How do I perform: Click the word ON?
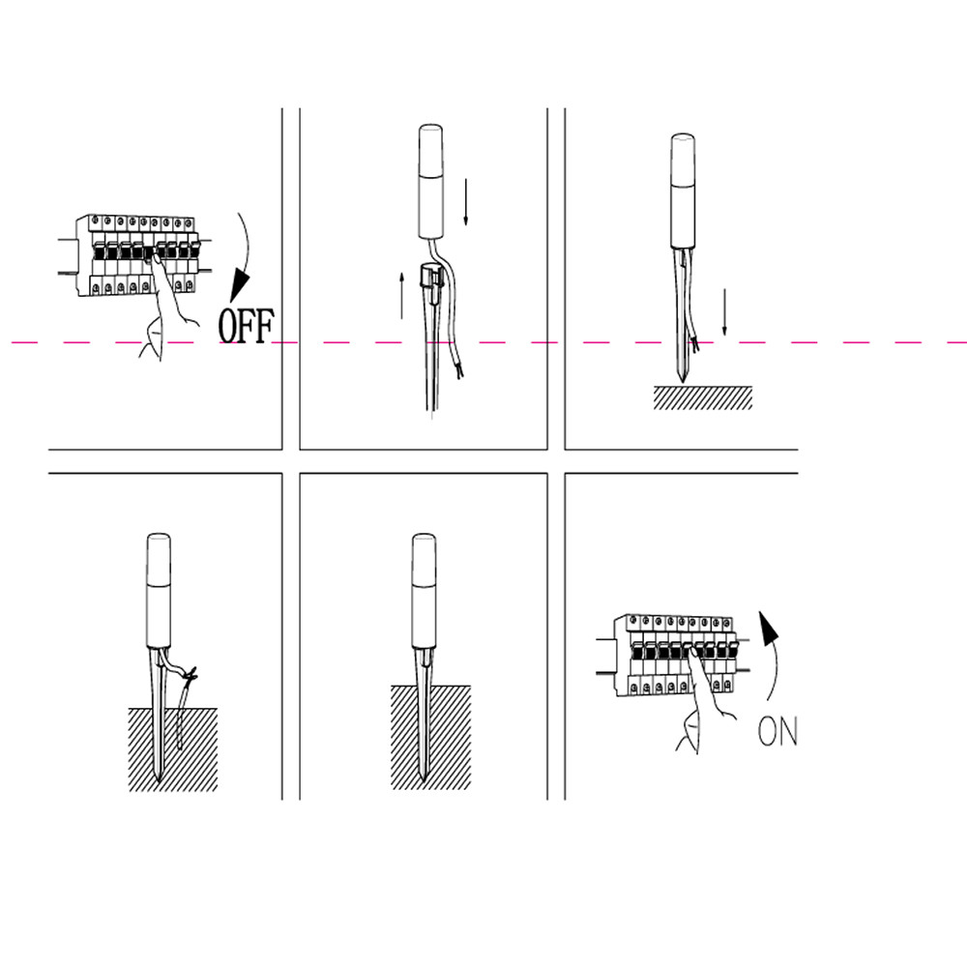pyautogui.click(x=777, y=731)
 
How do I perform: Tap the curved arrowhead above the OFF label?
pyautogui.click(x=241, y=286)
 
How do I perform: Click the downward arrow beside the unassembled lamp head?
pyautogui.click(x=466, y=202)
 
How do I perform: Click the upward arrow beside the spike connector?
pyautogui.click(x=401, y=296)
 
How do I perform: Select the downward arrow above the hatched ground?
pyautogui.click(x=724, y=312)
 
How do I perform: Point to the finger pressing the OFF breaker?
pyautogui.click(x=158, y=264)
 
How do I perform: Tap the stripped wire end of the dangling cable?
pyautogui.click(x=458, y=370)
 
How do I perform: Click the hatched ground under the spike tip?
pyautogui.click(x=703, y=397)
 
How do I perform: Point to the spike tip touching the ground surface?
pyautogui.click(x=683, y=381)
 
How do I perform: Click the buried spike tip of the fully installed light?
pyautogui.click(x=423, y=778)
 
